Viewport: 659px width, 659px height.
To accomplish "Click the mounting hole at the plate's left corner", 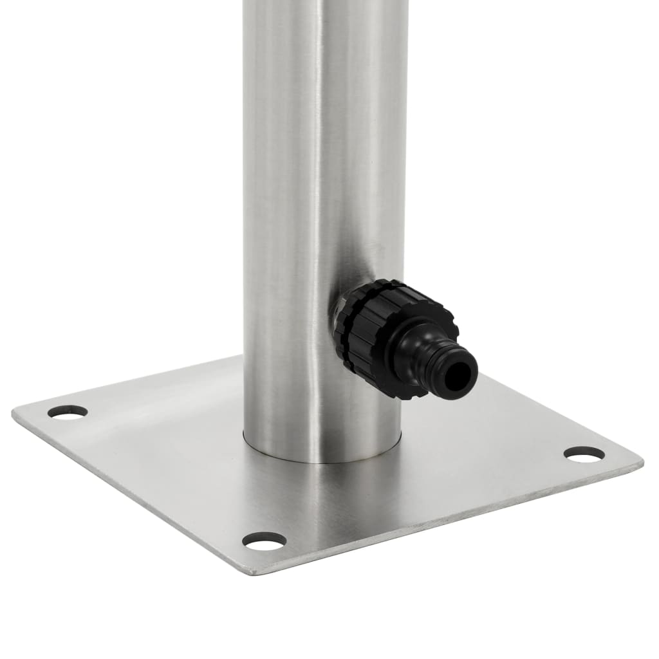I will click(68, 411).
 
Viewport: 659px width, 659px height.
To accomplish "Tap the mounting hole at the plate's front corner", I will click(265, 541).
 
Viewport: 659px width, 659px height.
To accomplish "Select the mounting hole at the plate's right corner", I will click(584, 454).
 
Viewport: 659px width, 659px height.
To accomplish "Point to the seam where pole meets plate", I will click(322, 458).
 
